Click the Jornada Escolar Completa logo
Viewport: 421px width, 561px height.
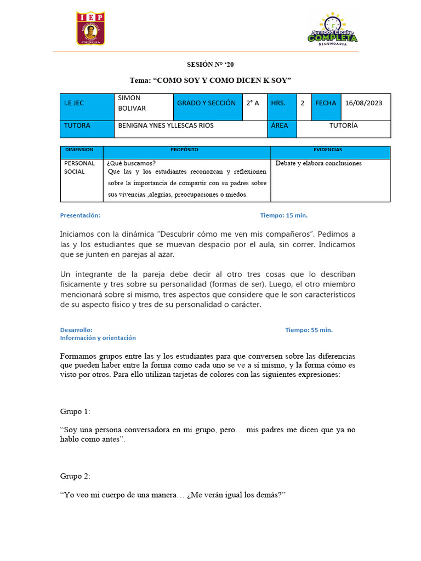click(x=332, y=30)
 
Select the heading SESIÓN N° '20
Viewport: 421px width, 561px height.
click(x=210, y=65)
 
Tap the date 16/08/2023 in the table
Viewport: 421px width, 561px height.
click(x=363, y=103)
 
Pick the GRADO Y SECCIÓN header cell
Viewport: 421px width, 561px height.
click(x=206, y=103)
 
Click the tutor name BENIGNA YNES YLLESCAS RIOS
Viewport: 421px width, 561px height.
click(x=166, y=125)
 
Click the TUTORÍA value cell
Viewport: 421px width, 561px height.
click(x=343, y=125)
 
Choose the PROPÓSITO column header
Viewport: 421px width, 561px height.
click(x=184, y=150)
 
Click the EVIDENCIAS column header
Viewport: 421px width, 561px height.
click(x=328, y=150)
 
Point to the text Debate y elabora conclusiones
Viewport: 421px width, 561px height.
click(x=318, y=163)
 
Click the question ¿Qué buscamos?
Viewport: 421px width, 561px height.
click(x=131, y=163)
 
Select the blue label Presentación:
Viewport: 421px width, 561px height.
click(x=80, y=215)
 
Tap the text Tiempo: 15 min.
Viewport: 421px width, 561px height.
click(x=287, y=215)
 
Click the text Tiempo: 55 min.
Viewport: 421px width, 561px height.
click(x=309, y=330)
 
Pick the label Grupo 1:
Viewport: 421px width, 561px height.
click(x=75, y=411)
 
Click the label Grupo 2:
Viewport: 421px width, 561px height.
click(x=75, y=477)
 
